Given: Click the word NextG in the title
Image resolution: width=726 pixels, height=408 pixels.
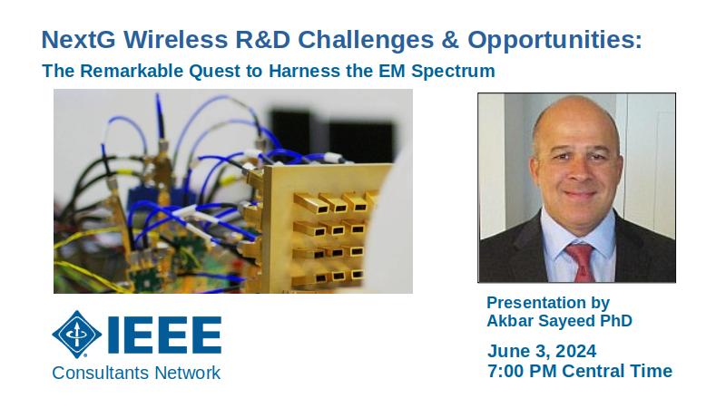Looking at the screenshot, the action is tap(79, 40).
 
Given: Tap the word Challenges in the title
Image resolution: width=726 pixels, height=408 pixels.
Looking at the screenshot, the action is tap(366, 41).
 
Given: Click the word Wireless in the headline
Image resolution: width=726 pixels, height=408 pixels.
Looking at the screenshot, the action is tap(175, 40).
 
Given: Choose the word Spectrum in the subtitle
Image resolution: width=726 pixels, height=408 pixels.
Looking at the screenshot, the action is tap(453, 72).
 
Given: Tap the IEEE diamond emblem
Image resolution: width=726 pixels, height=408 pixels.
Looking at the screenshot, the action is tap(77, 334).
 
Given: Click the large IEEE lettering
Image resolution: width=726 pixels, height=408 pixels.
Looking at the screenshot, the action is tap(164, 335).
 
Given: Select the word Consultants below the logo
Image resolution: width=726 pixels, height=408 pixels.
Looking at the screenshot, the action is tap(101, 373).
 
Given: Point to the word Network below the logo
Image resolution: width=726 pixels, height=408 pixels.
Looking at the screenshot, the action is tap(188, 373).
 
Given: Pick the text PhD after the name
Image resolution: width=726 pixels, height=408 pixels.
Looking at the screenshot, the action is tap(616, 321).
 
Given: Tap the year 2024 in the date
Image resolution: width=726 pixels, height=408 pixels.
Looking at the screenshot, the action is tap(576, 351).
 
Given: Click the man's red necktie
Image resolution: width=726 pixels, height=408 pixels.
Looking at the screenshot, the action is tap(581, 262).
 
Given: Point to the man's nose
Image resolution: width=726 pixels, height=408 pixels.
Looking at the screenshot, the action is tap(577, 172).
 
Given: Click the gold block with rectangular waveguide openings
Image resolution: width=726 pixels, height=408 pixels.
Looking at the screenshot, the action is tap(319, 228).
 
